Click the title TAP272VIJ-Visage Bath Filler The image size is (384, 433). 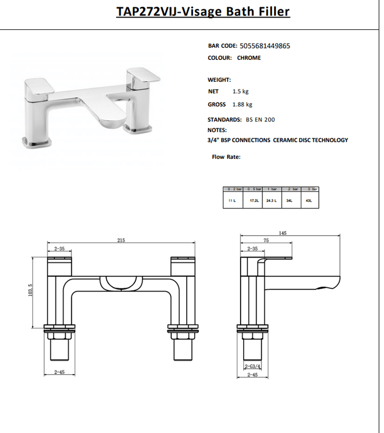tap(203, 12)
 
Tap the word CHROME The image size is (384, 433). tap(249, 58)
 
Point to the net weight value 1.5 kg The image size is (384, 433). tap(241, 91)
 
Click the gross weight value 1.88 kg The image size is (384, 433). tap(242, 105)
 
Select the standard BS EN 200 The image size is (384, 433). tap(260, 120)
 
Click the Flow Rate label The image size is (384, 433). tap(226, 157)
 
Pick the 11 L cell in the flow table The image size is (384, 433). tap(232, 201)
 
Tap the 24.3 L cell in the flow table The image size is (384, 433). tap(271, 201)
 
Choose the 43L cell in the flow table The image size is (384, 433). tap(309, 201)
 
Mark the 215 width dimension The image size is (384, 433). tap(121, 241)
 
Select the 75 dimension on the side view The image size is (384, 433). tap(265, 241)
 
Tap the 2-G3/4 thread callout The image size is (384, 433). tap(252, 366)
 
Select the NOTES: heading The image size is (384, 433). tap(217, 130)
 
